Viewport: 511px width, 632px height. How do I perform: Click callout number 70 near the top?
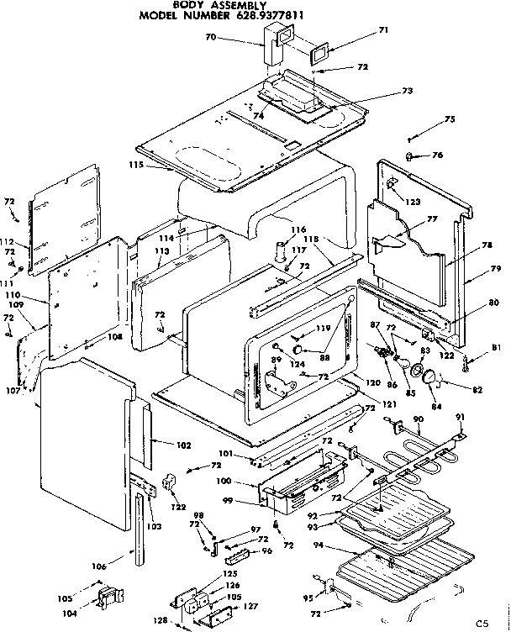tap(211, 37)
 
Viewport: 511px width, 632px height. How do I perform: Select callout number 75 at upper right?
tap(450, 119)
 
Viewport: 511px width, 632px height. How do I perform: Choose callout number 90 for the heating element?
tap(418, 419)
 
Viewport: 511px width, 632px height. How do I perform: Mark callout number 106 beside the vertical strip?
tap(99, 566)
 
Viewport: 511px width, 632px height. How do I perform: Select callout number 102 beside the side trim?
tap(183, 445)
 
